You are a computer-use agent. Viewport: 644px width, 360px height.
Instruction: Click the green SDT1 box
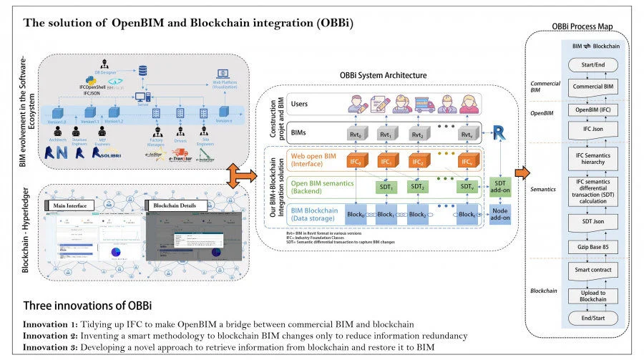pyautogui.click(x=386, y=186)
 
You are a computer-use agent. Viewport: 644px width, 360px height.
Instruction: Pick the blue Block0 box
pyautogui.click(x=356, y=214)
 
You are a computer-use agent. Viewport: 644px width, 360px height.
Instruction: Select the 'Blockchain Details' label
pyautogui.click(x=176, y=205)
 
